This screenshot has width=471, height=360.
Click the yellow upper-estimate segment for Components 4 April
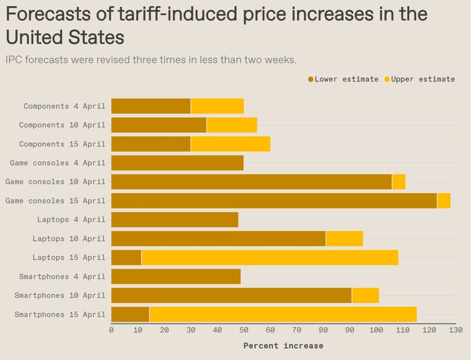(x=217, y=106)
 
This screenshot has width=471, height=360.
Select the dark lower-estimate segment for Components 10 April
(x=159, y=125)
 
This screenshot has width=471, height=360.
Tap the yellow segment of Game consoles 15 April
(x=444, y=201)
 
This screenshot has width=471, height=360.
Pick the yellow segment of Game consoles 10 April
(x=399, y=182)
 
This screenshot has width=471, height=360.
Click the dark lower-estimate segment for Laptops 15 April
(x=126, y=257)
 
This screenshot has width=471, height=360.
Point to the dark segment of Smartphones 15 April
(x=130, y=315)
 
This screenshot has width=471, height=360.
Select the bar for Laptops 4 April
(x=174, y=220)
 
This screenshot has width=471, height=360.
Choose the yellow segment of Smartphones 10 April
(x=365, y=295)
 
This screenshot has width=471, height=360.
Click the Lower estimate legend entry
(x=343, y=79)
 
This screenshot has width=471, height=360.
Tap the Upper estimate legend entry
(x=420, y=79)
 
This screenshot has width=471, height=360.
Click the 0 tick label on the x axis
(x=111, y=330)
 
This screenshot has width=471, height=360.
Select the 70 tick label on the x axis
(x=297, y=330)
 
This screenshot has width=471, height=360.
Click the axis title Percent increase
(x=283, y=345)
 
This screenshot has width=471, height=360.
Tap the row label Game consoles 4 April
(x=55, y=163)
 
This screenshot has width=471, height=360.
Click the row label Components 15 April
(x=62, y=144)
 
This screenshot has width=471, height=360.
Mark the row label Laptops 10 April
(x=69, y=239)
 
